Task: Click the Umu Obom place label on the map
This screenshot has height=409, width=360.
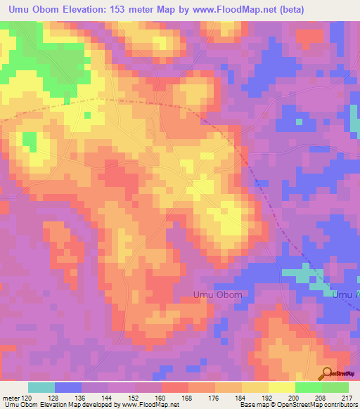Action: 217,296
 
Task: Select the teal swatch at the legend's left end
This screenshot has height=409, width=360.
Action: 41,387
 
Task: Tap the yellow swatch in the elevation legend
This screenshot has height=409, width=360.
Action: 282,387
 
